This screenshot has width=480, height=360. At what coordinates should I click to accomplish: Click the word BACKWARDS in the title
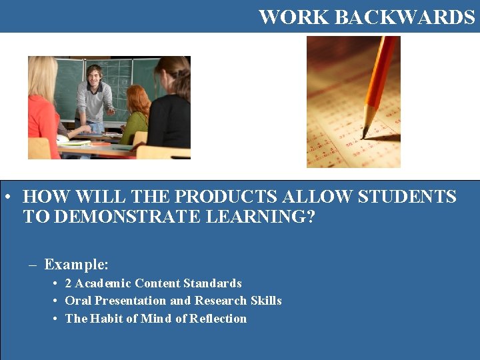(x=405, y=17)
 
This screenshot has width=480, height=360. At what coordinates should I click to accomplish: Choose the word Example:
(x=76, y=265)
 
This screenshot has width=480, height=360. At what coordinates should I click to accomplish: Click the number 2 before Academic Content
(x=68, y=283)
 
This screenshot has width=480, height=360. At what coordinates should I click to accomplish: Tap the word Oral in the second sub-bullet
(x=78, y=301)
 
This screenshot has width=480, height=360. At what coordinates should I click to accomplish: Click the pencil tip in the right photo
(x=364, y=134)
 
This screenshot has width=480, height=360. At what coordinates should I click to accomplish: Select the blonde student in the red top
(x=42, y=110)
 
